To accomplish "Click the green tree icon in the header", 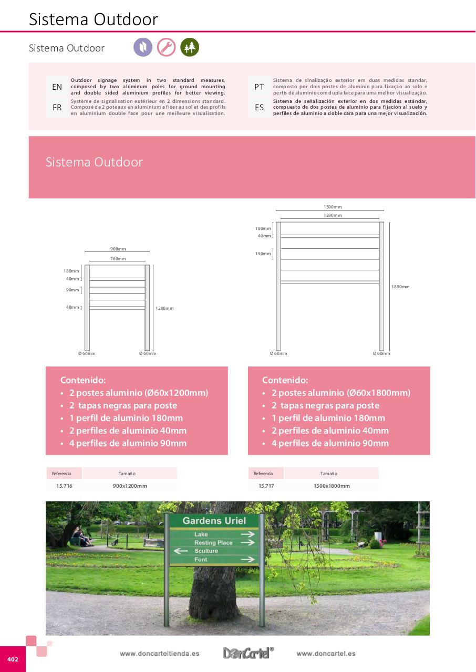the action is [x=189, y=47].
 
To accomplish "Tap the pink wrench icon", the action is [x=166, y=47].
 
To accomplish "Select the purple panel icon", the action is [x=143, y=47].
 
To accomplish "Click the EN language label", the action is [x=57, y=87].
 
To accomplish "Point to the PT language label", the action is [x=260, y=87].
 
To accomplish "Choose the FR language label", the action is [x=57, y=108].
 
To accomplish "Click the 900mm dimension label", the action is [x=118, y=249].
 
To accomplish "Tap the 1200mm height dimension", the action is [x=164, y=308].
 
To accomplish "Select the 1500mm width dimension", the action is [x=333, y=207].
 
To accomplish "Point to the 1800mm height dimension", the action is [x=400, y=287].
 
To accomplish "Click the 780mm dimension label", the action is [x=118, y=259].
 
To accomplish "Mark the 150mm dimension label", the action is [x=263, y=254].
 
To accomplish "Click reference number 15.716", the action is [x=64, y=486].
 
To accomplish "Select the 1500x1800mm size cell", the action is [x=332, y=486].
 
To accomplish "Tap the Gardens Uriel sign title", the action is [x=214, y=521].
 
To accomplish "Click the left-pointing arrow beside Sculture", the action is [x=181, y=551].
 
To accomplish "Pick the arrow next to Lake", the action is [x=247, y=534].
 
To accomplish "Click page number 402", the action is [x=13, y=659].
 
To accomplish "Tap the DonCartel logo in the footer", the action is [x=248, y=653].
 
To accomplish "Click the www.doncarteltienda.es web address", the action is [x=159, y=654].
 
